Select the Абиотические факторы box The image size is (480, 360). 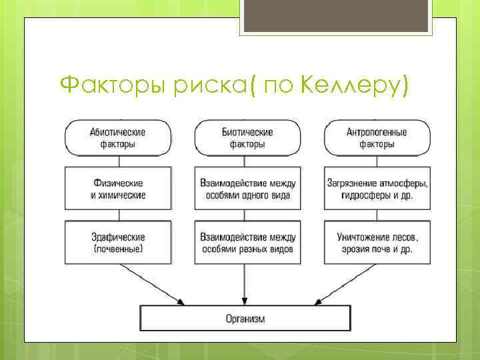click(118, 137)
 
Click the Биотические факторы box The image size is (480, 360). click(247, 137)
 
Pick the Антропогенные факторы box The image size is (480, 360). click(377, 137)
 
